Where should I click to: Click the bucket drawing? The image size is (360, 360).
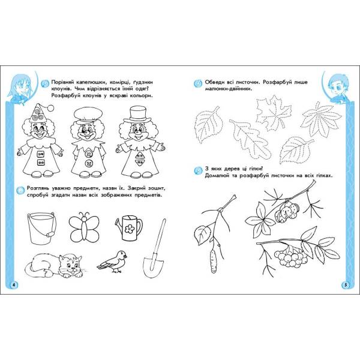[x=42, y=228]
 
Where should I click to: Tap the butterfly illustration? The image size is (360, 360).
[x=84, y=227]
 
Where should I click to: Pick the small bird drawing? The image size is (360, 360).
[x=112, y=261]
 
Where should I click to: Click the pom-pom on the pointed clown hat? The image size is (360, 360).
[x=50, y=107]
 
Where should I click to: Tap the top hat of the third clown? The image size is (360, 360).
[x=137, y=115]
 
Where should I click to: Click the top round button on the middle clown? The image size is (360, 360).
[x=89, y=154]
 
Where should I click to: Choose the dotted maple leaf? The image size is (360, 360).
[x=273, y=112]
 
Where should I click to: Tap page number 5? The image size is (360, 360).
[x=346, y=285]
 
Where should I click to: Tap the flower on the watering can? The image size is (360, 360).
[x=130, y=229]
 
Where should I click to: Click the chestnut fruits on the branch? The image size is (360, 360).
[x=287, y=212]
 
